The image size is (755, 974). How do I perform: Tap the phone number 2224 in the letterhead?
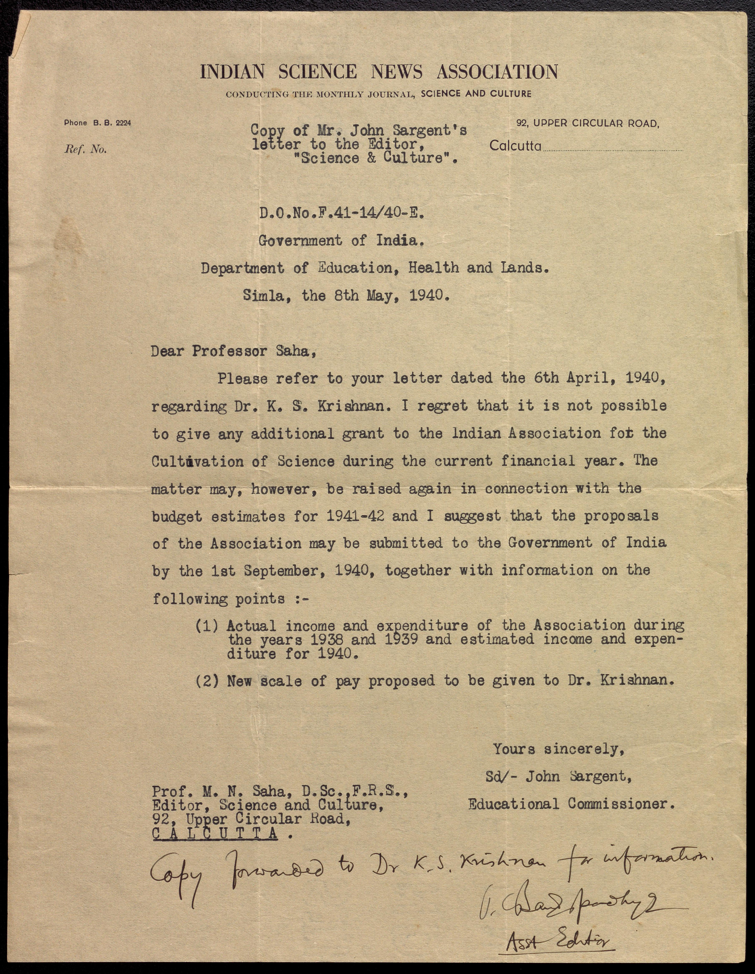(123, 123)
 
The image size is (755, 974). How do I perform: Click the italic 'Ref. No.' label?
(86, 149)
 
